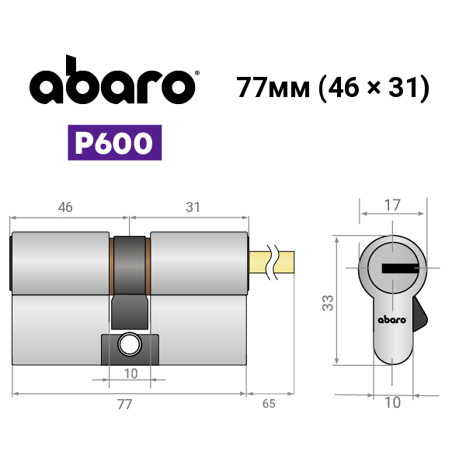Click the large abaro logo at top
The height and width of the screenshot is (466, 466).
coord(113,80)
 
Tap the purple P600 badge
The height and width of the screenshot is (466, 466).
coord(115,143)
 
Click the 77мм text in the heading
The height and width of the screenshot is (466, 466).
coord(273,88)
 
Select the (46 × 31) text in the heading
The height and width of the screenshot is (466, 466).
coord(374,88)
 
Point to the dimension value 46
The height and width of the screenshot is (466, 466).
coord(65,207)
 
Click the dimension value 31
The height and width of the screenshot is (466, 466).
coord(193,207)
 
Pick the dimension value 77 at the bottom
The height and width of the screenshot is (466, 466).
coord(124,404)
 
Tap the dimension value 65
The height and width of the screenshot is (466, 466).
coord(269,404)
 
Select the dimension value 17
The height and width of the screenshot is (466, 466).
coord(392,205)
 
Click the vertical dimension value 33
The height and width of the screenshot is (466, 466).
coord(328,303)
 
